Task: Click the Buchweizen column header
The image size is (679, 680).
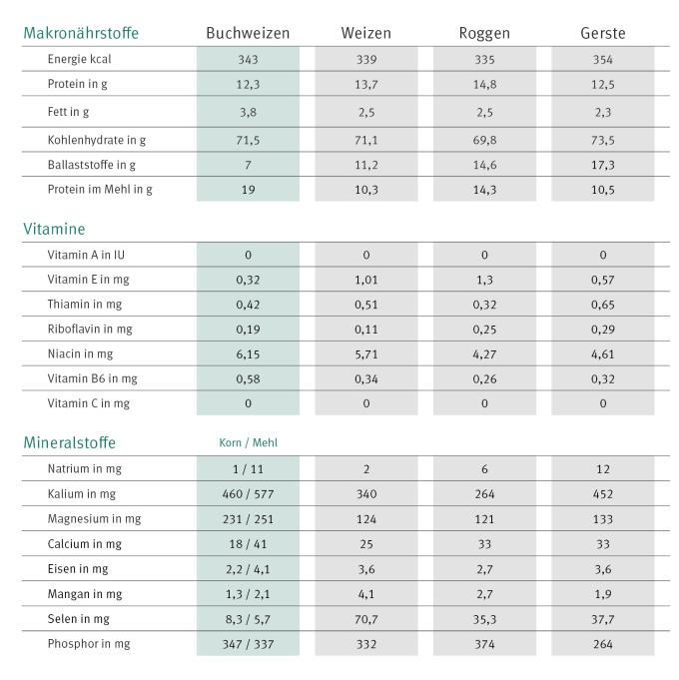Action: click(x=248, y=33)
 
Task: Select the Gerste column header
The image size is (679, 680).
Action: click(x=602, y=33)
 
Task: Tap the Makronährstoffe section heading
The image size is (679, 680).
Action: click(x=81, y=33)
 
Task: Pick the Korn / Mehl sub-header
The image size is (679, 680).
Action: click(x=248, y=442)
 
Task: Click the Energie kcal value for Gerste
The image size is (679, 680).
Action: click(x=602, y=59)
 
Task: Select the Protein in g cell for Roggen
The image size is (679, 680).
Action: click(x=484, y=85)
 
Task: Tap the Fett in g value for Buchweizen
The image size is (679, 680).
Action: click(x=248, y=112)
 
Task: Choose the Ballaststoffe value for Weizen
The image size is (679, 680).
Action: click(x=365, y=164)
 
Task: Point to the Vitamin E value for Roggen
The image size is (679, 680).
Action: click(x=484, y=280)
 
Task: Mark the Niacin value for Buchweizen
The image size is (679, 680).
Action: click(x=248, y=354)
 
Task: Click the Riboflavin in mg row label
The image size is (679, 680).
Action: click(x=91, y=330)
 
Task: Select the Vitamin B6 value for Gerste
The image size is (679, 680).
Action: click(x=602, y=378)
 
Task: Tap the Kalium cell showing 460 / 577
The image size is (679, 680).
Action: click(x=248, y=493)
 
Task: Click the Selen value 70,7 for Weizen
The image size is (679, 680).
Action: click(x=365, y=618)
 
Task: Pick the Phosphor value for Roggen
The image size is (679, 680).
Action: click(x=484, y=643)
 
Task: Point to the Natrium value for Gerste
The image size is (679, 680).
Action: click(x=602, y=468)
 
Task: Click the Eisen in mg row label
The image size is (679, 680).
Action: click(x=78, y=568)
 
